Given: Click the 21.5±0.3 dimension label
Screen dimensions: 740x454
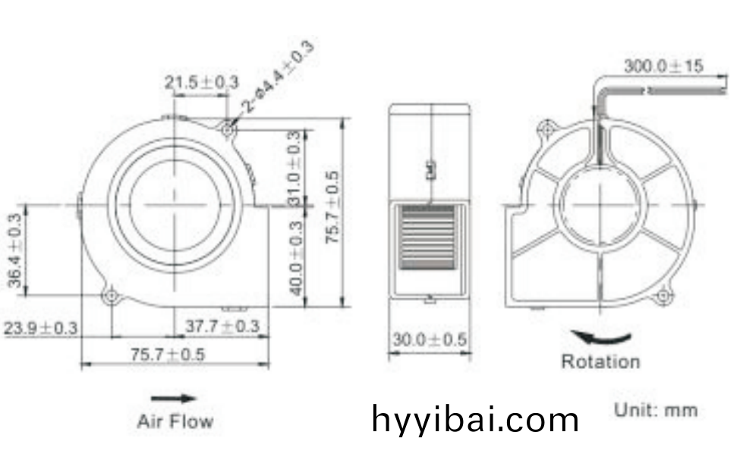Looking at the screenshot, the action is coord(202,82).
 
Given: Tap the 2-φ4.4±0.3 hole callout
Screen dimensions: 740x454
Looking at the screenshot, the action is coord(279,77).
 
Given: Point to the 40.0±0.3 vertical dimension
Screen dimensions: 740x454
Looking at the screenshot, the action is coord(295,258).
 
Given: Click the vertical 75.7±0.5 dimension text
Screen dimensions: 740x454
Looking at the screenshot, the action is coord(332,207).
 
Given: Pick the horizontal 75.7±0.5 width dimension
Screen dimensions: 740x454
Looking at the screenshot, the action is coord(168,354).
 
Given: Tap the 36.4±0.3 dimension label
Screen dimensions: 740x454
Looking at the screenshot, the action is coord(14,250).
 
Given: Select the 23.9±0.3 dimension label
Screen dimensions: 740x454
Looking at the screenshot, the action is coord(40,327).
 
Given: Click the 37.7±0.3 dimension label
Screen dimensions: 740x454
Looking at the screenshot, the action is coord(222,326).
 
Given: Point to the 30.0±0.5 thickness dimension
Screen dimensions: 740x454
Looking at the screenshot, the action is coord(430,339).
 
